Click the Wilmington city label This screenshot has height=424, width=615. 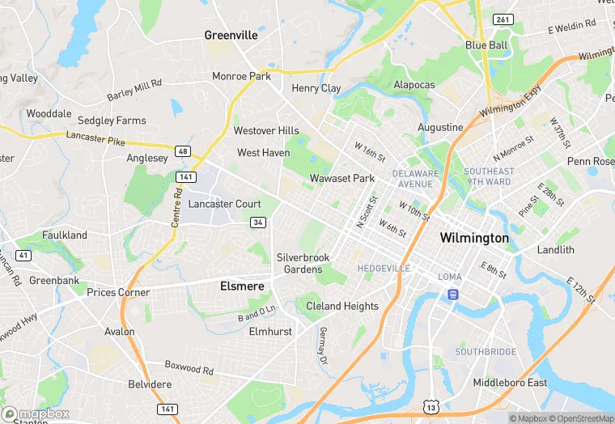(474, 239)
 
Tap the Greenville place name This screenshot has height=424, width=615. (231, 36)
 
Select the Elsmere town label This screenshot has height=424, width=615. (242, 286)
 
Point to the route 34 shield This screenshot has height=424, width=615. (258, 223)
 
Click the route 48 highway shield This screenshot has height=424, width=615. (183, 151)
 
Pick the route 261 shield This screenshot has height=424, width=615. (503, 19)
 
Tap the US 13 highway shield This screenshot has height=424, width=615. (430, 405)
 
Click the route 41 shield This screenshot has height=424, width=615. (23, 256)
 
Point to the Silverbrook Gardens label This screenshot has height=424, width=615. (303, 264)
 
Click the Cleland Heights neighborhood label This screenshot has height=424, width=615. (341, 307)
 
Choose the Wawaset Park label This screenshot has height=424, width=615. (342, 178)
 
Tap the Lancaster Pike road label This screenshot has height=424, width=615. (95, 139)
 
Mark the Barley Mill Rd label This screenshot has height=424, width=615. (134, 89)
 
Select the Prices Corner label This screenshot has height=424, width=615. (118, 293)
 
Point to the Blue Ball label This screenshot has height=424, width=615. (486, 45)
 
